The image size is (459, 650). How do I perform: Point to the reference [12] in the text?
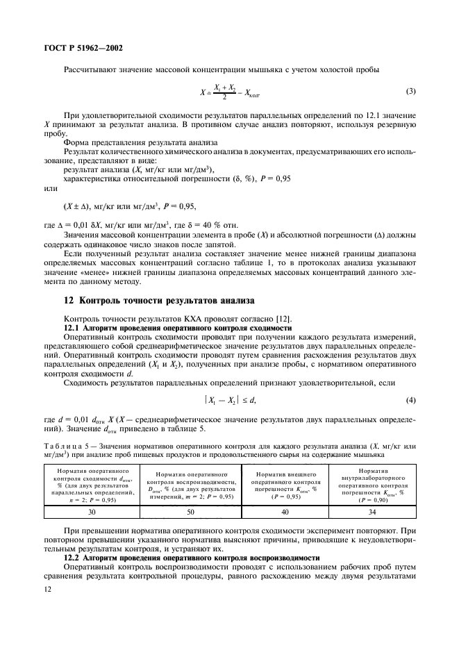[x=281, y=318]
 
